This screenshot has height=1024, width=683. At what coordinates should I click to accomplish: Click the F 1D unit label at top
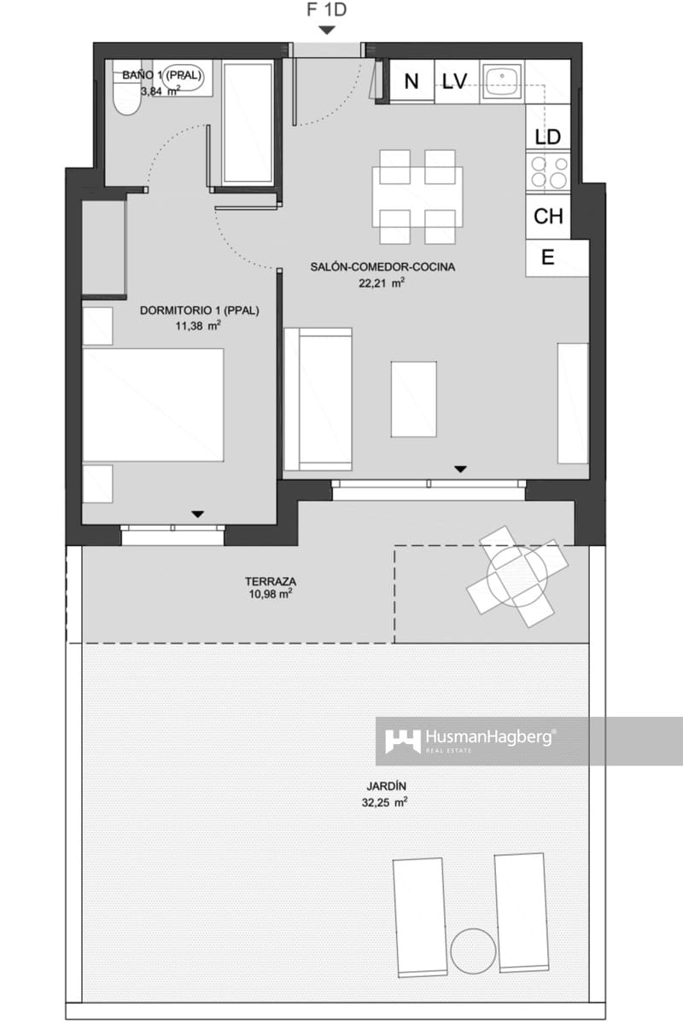pos(326,11)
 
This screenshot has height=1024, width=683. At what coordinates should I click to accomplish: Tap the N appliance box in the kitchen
pos(412,82)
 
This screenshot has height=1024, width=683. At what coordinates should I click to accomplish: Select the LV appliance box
pos(455,82)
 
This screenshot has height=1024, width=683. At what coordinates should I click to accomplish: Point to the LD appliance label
pos(547,137)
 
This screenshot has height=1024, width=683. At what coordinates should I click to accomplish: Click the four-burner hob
pos(548,172)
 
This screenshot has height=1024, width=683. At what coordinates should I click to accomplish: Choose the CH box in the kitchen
pos(547,217)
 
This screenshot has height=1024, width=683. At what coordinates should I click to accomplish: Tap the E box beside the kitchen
pos(548,258)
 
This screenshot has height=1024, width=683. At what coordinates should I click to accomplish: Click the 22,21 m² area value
pos(382,283)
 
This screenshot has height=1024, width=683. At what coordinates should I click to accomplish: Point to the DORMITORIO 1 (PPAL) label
pos(200,311)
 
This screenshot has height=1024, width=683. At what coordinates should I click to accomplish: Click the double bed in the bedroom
pos(154,404)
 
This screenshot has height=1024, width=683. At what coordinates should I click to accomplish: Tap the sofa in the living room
pos(318,399)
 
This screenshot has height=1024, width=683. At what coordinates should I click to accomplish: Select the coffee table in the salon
pos(414,399)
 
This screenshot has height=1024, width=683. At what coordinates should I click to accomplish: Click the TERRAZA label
pos(270,581)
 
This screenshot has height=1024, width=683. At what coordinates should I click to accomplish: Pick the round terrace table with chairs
pos(517,577)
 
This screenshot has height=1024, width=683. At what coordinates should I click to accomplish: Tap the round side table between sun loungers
pos(474,950)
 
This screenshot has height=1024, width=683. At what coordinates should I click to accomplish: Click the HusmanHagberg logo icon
pos(402,740)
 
